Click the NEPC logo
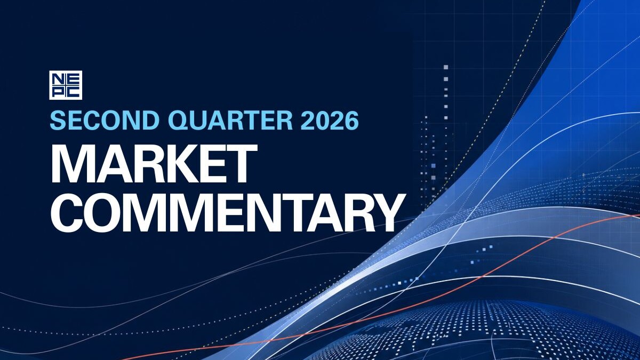(x=66, y=85)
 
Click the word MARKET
(x=154, y=163)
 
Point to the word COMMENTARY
(x=228, y=212)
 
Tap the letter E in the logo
(x=73, y=79)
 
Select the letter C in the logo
(x=73, y=92)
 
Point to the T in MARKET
(x=239, y=163)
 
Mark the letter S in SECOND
(x=58, y=121)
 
